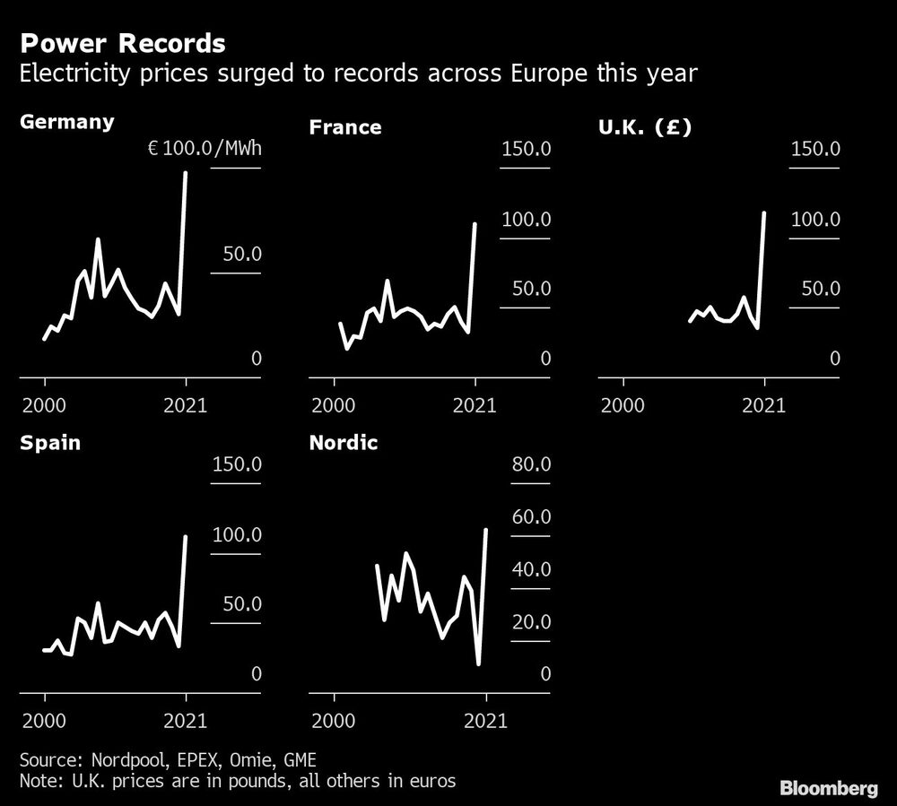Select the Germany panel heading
point(67,121)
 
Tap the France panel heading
point(345,127)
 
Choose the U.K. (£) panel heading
point(645,127)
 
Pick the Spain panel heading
point(50,443)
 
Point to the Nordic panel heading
point(344,443)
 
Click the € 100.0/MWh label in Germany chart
point(205,148)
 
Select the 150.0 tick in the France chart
point(526,148)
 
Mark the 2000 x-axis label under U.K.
point(623,404)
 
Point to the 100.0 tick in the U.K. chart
point(814,220)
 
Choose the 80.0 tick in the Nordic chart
point(531,464)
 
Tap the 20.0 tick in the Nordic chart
point(531,622)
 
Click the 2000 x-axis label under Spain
point(45,720)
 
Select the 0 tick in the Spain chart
point(256,674)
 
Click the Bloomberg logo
point(828,789)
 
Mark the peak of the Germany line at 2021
point(186,173)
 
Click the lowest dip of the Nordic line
point(479,663)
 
